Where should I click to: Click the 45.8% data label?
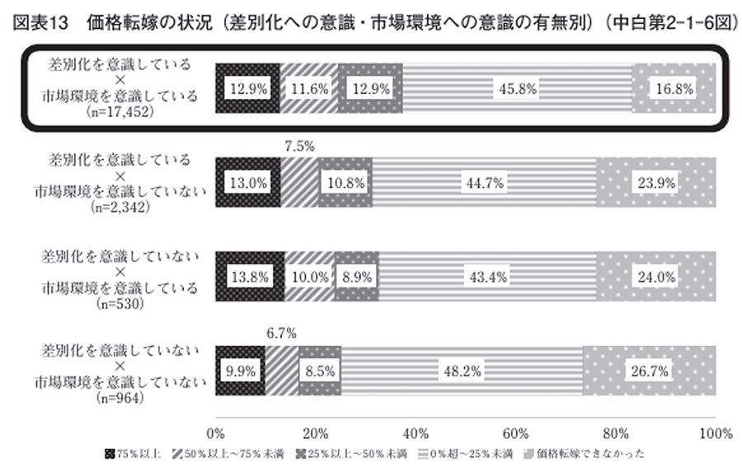(x=517, y=87)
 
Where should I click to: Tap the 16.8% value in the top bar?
(x=673, y=87)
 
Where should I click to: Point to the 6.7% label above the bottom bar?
(x=282, y=334)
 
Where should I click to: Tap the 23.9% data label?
(x=656, y=181)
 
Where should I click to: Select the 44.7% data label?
(x=483, y=181)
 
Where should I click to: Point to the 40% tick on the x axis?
(x=416, y=433)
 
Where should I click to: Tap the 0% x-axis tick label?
(x=216, y=433)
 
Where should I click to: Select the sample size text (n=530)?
(x=121, y=302)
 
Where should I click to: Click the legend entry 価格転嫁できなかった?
(x=580, y=455)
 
